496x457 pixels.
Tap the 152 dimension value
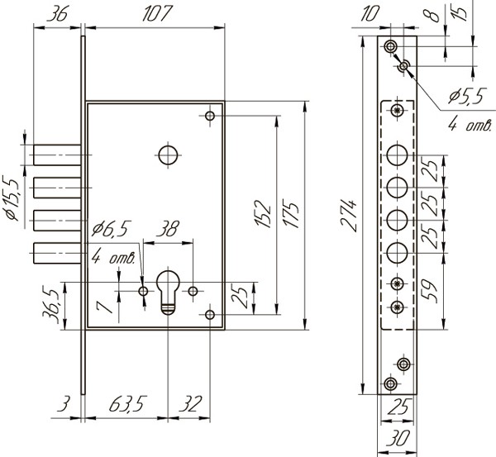(x=264, y=213)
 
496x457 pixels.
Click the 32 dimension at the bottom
(x=190, y=406)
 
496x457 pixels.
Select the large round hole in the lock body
(x=168, y=155)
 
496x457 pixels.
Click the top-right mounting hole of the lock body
(x=211, y=115)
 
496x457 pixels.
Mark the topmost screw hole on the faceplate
(x=390, y=46)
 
